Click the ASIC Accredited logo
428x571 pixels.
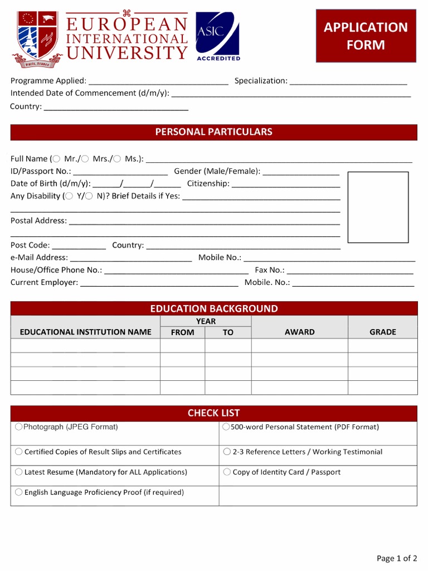pos(217,36)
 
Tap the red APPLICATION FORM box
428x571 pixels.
pos(366,36)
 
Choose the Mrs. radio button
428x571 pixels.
pos(85,159)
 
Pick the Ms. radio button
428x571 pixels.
pos(117,159)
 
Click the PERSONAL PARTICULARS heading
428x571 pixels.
pos(213,132)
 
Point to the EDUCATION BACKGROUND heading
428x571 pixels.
pos(213,309)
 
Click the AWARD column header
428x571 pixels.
pos(299,332)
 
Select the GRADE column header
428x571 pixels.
pos(382,332)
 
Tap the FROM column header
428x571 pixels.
pos(182,332)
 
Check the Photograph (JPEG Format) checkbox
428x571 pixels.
pos(19,427)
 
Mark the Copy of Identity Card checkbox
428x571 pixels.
pos(227,472)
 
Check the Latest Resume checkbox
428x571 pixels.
pos(19,472)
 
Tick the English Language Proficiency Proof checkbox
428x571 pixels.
pos(19,492)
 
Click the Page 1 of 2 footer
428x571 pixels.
pos(397,558)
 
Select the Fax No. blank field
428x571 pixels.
pos(349,271)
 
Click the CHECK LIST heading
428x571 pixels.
pos(213,413)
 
